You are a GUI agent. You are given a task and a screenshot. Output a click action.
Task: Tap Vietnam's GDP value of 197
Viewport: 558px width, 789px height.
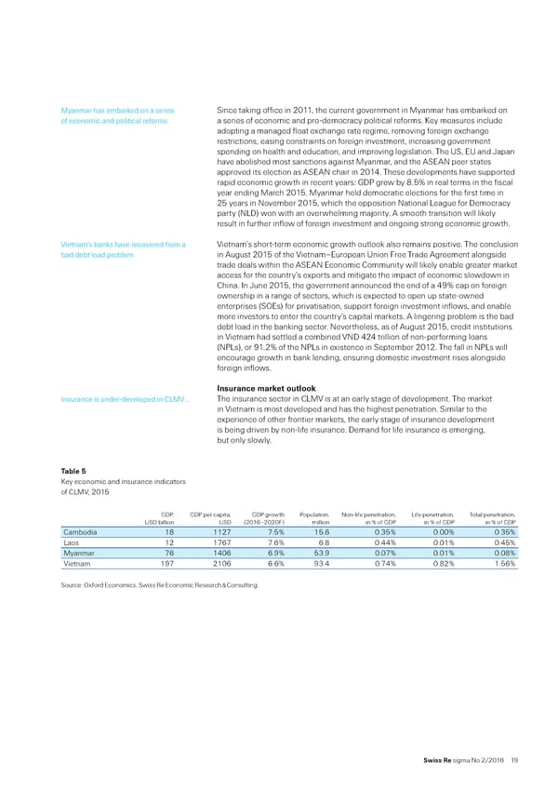pos(168,563)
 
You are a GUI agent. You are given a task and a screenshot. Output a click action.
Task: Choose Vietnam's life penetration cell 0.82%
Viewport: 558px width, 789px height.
pos(440,563)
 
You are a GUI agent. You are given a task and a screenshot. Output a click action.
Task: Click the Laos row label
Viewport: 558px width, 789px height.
pos(71,542)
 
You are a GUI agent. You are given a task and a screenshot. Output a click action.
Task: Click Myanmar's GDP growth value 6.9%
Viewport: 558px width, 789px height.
pos(272,553)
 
